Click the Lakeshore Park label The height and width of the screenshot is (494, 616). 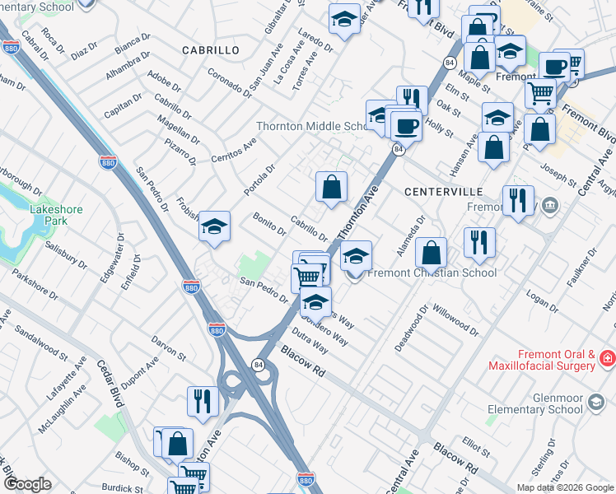point(56,216)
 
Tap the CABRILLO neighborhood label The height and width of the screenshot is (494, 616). point(211,50)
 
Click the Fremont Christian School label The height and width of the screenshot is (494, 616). point(432,273)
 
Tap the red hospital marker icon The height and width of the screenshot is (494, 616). point(607,359)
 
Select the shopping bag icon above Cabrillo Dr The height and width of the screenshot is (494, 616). point(331,186)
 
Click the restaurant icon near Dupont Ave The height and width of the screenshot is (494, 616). point(202,401)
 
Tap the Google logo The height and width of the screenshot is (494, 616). point(27,484)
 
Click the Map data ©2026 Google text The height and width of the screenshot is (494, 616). point(564,487)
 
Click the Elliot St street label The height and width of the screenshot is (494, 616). point(477,445)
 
